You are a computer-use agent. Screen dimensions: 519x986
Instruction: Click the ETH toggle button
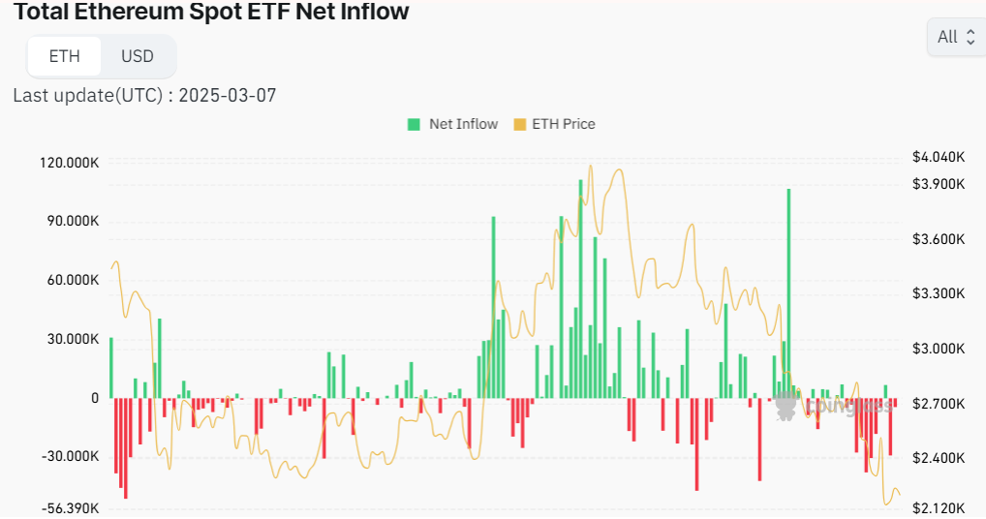click(64, 56)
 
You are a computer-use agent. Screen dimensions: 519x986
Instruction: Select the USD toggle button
click(138, 56)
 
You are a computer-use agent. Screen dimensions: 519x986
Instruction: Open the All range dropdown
click(955, 38)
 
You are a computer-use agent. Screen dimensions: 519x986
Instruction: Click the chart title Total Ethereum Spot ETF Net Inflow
click(211, 12)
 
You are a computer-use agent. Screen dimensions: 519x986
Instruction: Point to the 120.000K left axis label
click(69, 163)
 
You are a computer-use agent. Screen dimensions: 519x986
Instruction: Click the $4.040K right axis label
click(939, 157)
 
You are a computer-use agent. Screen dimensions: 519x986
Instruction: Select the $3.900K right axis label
click(939, 184)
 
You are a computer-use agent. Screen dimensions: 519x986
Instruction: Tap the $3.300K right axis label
click(939, 293)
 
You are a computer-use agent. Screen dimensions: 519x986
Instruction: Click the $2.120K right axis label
click(939, 508)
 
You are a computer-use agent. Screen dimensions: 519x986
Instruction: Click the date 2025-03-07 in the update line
click(232, 95)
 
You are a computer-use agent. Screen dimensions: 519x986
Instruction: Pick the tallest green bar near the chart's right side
click(788, 290)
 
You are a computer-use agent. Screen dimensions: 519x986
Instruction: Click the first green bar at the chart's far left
click(111, 368)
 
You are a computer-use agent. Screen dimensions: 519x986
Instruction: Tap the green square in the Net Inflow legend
click(415, 124)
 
